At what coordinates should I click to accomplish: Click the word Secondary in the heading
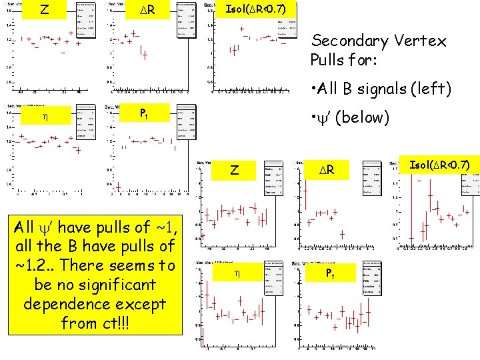(x=348, y=41)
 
